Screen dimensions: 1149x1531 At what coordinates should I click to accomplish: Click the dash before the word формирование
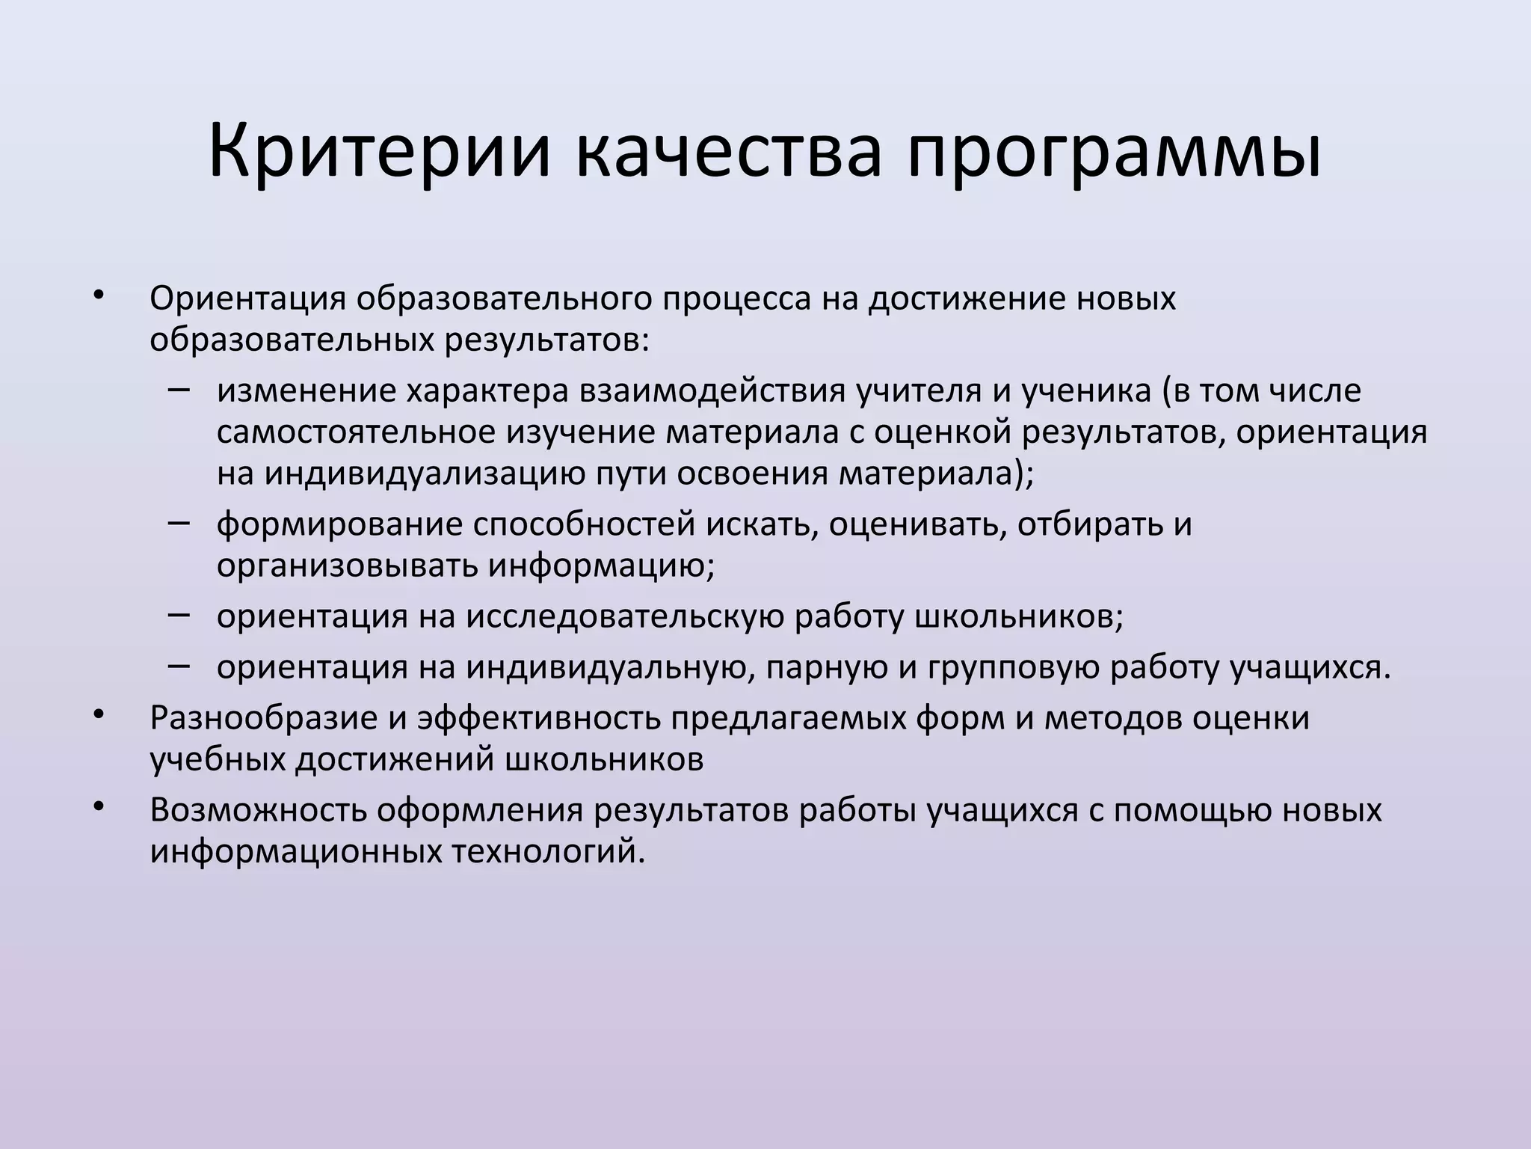tap(179, 523)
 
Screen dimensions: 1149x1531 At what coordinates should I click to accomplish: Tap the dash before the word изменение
tap(179, 390)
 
